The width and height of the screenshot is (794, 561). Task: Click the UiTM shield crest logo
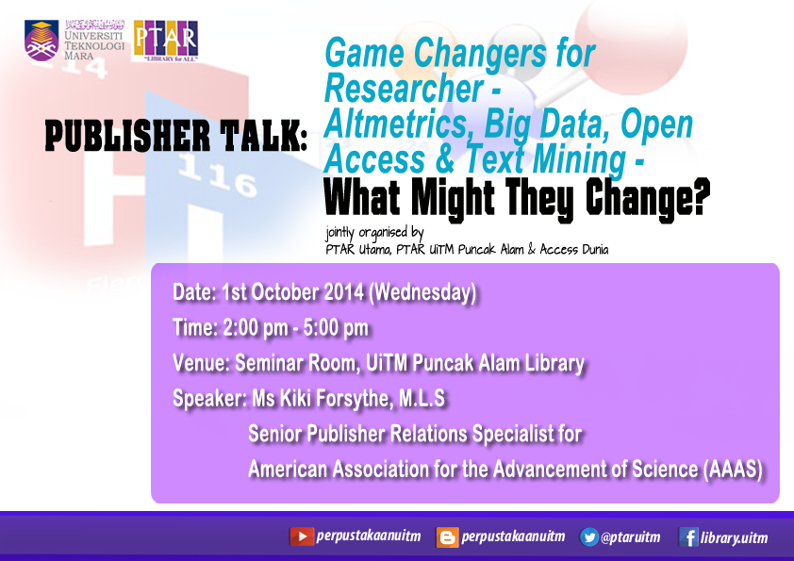click(41, 41)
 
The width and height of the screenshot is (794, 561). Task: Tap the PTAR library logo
click(166, 41)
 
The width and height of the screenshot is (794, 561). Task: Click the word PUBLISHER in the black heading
click(127, 136)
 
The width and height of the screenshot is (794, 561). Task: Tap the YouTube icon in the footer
click(302, 536)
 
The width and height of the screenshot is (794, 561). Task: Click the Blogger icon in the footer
click(447, 537)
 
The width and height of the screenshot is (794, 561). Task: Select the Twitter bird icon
click(589, 536)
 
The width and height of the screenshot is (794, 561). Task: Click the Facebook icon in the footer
click(688, 537)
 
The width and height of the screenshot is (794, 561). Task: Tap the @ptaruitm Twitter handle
click(631, 537)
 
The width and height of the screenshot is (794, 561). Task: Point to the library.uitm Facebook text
click(734, 537)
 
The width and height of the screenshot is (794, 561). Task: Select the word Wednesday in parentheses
click(422, 292)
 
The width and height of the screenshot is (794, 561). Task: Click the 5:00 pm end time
click(336, 328)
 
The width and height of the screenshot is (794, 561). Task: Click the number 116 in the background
click(218, 177)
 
